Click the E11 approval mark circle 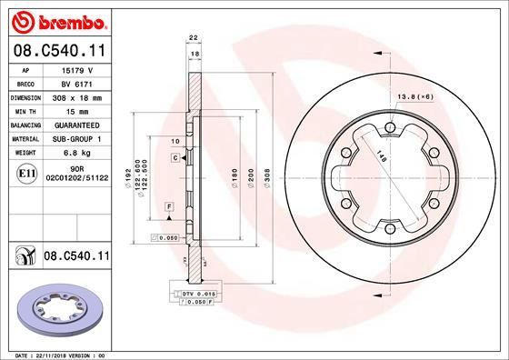[27, 172]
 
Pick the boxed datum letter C [173, 158]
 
